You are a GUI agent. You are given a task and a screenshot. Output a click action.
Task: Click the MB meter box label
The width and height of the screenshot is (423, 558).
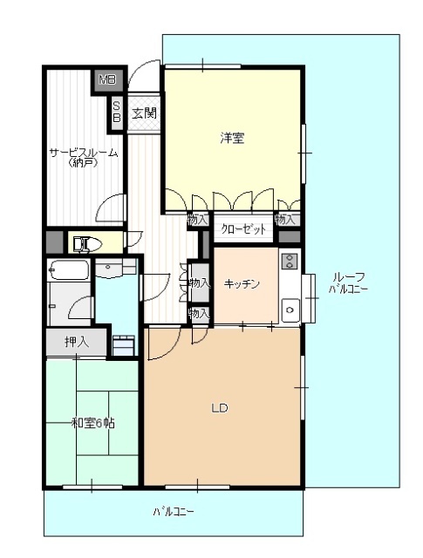107,79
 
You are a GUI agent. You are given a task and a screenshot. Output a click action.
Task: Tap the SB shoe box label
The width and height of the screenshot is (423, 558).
116,112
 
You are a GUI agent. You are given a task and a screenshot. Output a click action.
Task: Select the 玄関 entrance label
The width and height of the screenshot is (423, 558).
144,113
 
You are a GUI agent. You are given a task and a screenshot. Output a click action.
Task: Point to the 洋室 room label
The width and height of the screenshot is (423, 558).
232,138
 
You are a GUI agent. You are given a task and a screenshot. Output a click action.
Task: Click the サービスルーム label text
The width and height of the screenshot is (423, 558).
84,153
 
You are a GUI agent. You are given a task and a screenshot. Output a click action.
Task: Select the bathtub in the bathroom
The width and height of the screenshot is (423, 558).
69,271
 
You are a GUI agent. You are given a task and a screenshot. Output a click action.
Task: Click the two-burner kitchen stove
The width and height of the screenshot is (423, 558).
290,261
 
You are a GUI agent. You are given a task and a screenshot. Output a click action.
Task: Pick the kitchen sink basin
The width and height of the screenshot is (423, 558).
290,310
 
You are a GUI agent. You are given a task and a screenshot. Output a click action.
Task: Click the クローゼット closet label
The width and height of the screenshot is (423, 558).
243,228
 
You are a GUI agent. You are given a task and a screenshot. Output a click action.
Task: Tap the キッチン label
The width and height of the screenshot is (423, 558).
242,284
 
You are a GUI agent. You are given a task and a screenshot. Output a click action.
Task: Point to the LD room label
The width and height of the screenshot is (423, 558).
220,408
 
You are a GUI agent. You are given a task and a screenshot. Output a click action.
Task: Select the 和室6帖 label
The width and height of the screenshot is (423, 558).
93,424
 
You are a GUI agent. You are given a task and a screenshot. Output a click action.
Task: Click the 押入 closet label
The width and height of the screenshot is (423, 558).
77,342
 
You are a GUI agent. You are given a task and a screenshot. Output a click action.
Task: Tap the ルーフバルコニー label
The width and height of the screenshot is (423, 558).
348,282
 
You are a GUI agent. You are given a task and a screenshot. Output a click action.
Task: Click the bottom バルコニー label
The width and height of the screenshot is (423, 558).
174,512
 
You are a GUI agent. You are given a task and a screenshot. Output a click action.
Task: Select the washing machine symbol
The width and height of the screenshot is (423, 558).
124,345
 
